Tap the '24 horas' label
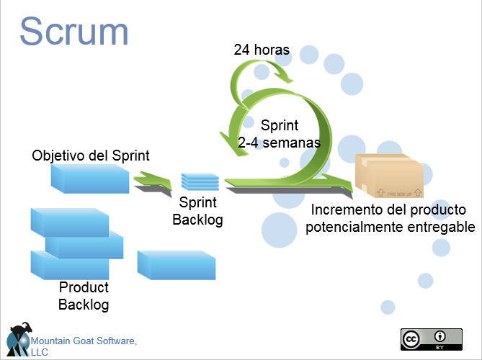pyautogui.click(x=261, y=50)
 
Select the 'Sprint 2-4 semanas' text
pyautogui.click(x=279, y=133)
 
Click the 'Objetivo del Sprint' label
pyautogui.click(x=91, y=156)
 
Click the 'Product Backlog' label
pyautogui.click(x=84, y=296)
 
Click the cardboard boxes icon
pyautogui.click(x=389, y=176)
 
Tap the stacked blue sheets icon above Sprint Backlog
pyautogui.click(x=199, y=181)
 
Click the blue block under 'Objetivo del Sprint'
pyautogui.click(x=90, y=178)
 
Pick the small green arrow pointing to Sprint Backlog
pyautogui.click(x=152, y=179)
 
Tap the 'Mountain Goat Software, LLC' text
pyautogui.click(x=82, y=345)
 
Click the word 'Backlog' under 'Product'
pyautogui.click(x=84, y=305)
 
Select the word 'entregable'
pyautogui.click(x=441, y=227)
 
